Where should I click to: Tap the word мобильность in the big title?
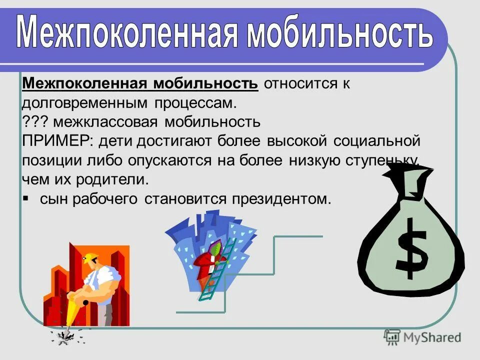click(340, 32)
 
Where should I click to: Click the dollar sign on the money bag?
click(412, 247)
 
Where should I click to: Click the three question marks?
click(34, 121)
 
